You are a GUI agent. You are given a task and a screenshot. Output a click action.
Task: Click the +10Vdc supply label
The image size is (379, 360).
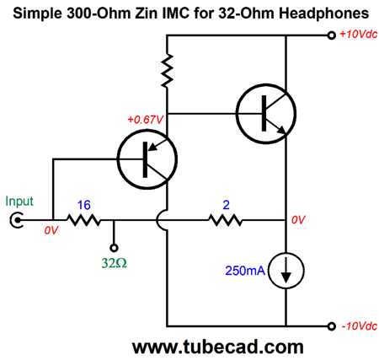click(358, 35)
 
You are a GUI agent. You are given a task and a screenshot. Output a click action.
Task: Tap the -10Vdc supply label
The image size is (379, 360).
click(360, 326)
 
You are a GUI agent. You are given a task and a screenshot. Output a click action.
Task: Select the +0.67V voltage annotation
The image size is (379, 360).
click(145, 120)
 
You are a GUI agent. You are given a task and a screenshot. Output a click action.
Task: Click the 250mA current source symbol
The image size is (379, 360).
click(286, 271)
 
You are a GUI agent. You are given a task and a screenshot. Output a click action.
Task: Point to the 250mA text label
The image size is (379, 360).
click(245, 271)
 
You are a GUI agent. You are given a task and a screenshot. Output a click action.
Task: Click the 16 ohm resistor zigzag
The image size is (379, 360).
click(83, 220)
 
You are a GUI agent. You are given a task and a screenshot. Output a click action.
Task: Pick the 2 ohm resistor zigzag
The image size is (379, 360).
click(226, 220)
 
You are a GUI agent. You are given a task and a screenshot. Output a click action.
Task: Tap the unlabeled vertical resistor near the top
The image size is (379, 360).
click(167, 70)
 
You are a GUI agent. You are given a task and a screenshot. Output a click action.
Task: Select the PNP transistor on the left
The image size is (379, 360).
click(147, 159)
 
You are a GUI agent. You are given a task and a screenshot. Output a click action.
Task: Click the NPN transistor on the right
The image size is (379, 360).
click(266, 114)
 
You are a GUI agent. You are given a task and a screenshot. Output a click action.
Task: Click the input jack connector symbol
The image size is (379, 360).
click(16, 220)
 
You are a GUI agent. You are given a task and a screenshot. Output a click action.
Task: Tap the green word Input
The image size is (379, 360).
click(19, 201)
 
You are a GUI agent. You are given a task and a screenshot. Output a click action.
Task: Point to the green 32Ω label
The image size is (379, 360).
click(114, 263)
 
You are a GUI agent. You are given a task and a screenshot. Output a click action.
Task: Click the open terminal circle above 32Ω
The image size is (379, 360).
click(114, 248)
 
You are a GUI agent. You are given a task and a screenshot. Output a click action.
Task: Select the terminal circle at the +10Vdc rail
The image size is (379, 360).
click(332, 35)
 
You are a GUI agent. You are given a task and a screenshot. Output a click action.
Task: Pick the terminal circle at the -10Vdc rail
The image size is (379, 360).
click(332, 326)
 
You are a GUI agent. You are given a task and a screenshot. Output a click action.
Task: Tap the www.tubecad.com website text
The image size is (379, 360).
click(218, 347)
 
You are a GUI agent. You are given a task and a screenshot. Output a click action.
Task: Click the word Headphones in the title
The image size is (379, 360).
click(323, 13)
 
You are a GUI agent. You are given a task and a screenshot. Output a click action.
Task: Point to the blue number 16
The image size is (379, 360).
click(83, 205)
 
